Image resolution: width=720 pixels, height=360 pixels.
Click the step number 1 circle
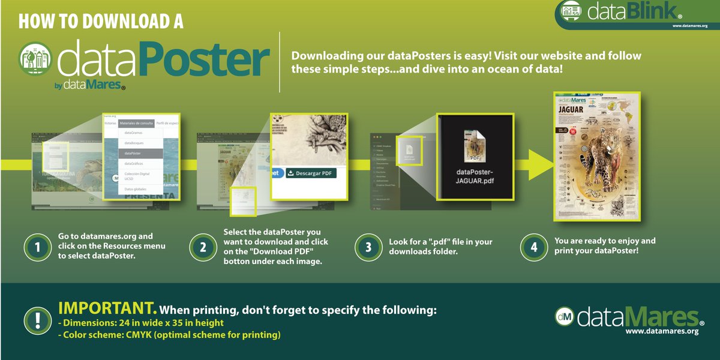click(x=37, y=247)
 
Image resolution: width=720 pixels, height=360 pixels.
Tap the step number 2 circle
click(x=202, y=247)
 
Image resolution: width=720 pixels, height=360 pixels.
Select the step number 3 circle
click(x=367, y=247)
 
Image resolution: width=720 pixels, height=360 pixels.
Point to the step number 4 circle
click(x=532, y=247)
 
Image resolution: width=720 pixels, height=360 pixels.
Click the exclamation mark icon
click(x=37, y=320)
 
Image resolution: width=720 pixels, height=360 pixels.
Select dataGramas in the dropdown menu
click(x=134, y=133)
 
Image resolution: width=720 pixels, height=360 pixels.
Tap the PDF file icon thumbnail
click(x=475, y=143)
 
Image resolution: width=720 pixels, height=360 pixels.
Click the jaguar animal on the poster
click(x=600, y=151)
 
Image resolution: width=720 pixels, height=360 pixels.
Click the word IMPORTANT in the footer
click(x=107, y=308)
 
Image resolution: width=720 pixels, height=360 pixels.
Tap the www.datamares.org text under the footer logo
click(x=662, y=331)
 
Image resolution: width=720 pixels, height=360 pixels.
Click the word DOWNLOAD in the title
click(x=118, y=22)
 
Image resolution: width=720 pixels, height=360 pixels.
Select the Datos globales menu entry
click(x=136, y=189)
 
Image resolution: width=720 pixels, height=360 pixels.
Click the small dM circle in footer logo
click(x=564, y=316)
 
